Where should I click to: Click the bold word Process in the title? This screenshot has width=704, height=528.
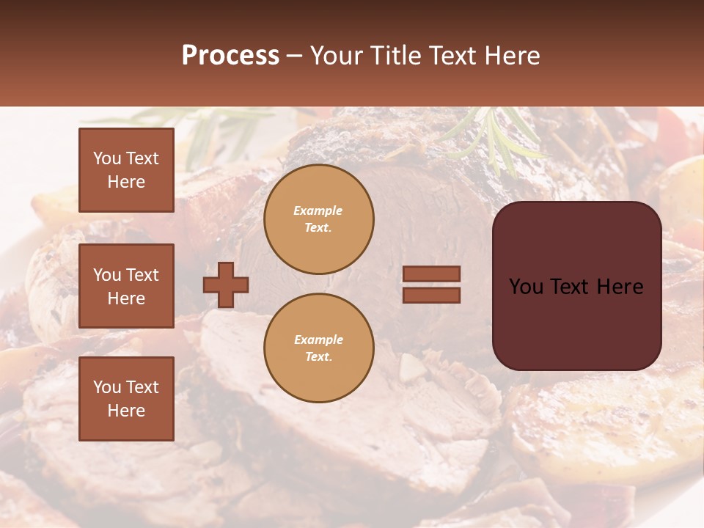[x=230, y=56]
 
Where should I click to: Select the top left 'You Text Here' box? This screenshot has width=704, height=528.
[x=126, y=170]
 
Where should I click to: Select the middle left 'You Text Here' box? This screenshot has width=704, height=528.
[x=126, y=286]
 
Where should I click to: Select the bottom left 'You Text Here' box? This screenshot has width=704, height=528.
[x=126, y=398]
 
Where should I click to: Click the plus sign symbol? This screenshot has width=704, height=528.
[x=226, y=285]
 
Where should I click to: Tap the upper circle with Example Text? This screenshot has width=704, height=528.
[x=319, y=219]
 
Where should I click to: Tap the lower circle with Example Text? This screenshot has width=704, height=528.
[x=319, y=348]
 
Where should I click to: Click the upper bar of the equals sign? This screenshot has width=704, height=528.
[x=431, y=274]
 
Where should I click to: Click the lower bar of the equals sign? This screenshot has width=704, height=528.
[x=431, y=295]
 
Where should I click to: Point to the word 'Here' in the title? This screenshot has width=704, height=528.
[x=511, y=56]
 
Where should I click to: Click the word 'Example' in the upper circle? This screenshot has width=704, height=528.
[x=318, y=210]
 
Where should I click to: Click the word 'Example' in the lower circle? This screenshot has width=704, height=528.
[x=318, y=340]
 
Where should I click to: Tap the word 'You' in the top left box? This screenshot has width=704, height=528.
[x=107, y=158]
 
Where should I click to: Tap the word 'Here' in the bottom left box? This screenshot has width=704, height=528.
[x=126, y=411]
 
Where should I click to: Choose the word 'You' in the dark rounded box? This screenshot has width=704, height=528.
[x=526, y=287]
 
